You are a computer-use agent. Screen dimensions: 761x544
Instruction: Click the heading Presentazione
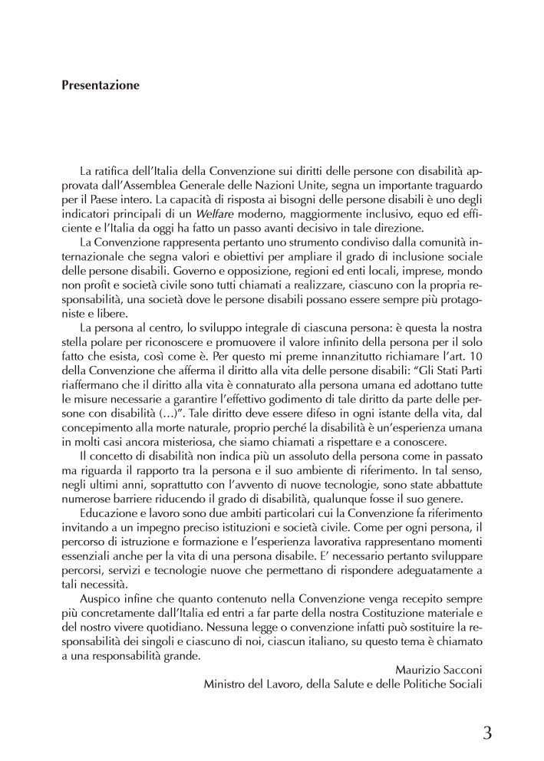click(101, 86)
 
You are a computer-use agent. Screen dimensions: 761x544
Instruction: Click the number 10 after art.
click(476, 357)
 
